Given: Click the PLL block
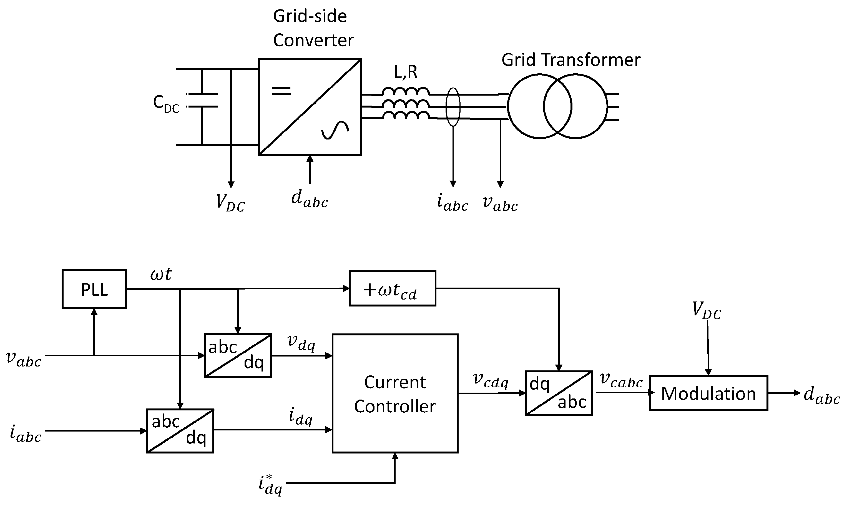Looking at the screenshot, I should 94,290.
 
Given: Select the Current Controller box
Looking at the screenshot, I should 395,393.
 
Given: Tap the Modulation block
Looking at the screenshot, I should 708,393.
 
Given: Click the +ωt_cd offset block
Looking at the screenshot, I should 392,289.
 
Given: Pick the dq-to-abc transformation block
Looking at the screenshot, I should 559,393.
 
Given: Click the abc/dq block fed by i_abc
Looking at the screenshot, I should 180,431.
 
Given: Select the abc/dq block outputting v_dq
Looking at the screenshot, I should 238,356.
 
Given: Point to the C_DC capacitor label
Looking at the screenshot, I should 166,103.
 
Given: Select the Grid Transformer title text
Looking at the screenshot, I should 571,60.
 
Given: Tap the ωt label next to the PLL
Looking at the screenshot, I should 161,274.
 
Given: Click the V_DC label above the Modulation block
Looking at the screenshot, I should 706,311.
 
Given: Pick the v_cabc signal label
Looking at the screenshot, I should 620,380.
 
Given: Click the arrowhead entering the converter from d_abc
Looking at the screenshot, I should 310,159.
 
